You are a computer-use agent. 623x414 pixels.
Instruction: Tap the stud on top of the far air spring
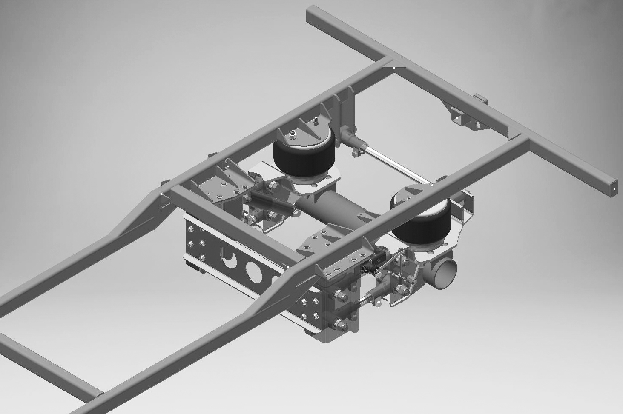click(x=293, y=136)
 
